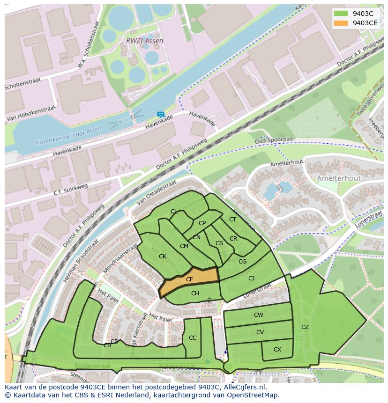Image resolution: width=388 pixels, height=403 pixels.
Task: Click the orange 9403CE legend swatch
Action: [341, 23]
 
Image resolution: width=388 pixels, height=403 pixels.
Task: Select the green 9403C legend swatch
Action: [341, 13]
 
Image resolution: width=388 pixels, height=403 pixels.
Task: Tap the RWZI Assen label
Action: [145, 41]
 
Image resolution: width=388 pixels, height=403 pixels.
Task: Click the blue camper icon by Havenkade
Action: [161, 114]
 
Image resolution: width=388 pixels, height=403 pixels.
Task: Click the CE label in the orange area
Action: [190, 279]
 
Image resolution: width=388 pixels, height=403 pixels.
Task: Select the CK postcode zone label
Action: [163, 256]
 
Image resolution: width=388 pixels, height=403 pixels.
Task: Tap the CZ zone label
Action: [305, 327]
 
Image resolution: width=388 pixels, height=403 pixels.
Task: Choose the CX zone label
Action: [277, 350]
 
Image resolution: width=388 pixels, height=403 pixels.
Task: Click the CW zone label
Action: [259, 315]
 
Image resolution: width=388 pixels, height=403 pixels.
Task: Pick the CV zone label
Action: [260, 332]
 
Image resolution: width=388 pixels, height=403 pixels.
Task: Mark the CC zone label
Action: [193, 338]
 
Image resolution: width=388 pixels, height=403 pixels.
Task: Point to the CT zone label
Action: [233, 220]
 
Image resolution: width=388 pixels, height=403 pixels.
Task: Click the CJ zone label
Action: [251, 279]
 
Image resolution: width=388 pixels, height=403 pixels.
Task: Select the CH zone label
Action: [195, 293]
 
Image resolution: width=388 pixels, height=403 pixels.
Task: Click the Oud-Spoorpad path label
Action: [274, 140]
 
